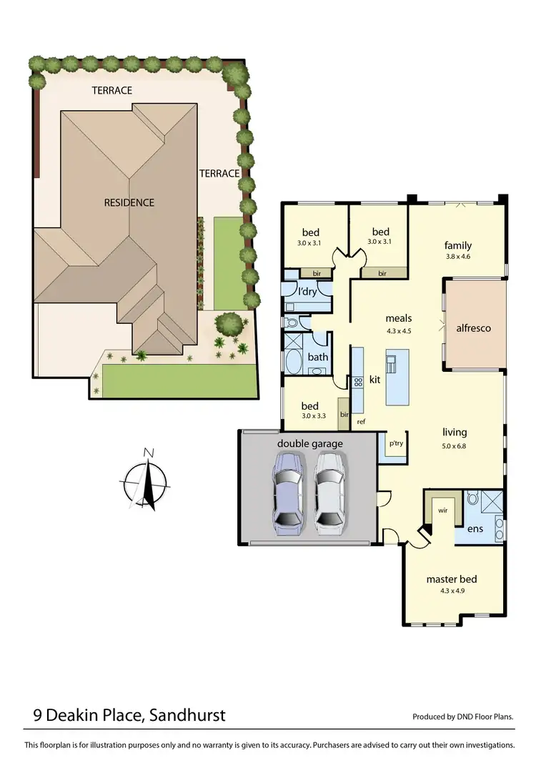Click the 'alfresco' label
pyautogui.click(x=474, y=328)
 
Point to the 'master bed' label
pyautogui.click(x=451, y=579)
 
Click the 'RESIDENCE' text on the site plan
pyautogui.click(x=129, y=202)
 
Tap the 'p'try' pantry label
pyautogui.click(x=395, y=443)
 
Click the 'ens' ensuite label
pyautogui.click(x=475, y=530)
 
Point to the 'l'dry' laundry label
pyautogui.click(x=308, y=292)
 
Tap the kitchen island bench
pyautogui.click(x=397, y=377)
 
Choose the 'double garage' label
pyautogui.click(x=309, y=444)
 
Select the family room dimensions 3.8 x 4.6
pyautogui.click(x=457, y=257)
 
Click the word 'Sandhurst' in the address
pyautogui.click(x=189, y=714)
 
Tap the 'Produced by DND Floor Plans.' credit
pyautogui.click(x=463, y=717)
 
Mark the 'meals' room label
pyautogui.click(x=398, y=318)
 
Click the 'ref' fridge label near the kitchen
pyautogui.click(x=361, y=422)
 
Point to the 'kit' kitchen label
pyautogui.click(x=374, y=380)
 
